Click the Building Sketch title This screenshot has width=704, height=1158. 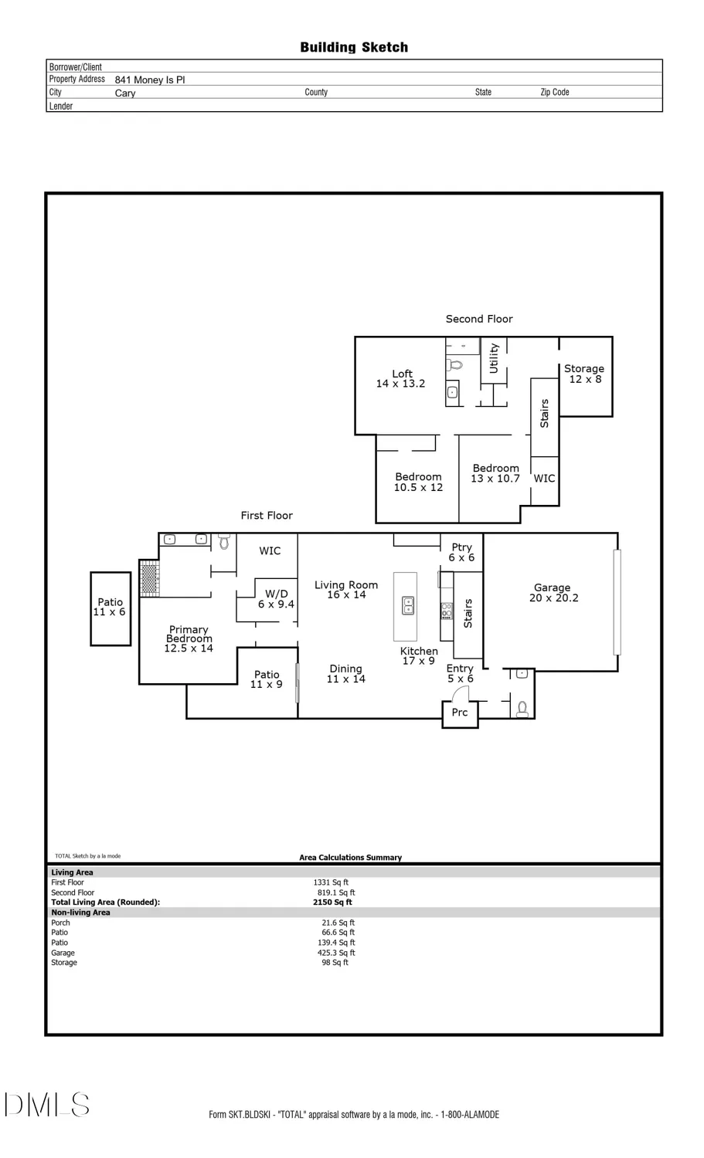tap(354, 47)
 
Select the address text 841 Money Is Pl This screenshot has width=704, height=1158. tap(150, 80)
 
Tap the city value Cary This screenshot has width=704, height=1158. tap(125, 93)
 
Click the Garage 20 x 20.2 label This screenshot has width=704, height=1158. tap(553, 593)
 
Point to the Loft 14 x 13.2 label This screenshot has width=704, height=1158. tap(400, 378)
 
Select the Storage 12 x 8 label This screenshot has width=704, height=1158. tap(584, 374)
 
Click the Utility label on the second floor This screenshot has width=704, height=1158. tap(494, 359)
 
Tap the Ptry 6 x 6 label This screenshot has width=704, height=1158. tap(461, 552)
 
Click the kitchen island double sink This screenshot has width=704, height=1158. tap(408, 606)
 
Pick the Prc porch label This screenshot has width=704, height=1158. tap(460, 713)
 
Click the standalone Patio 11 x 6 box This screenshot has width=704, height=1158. tap(110, 608)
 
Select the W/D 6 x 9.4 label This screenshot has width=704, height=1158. tap(276, 599)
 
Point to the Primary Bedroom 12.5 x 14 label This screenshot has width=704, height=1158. tap(189, 639)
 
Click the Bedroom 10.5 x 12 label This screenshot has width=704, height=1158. tap(418, 482)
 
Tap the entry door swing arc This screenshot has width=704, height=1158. tap(461, 692)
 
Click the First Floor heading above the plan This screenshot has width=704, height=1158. tap(267, 515)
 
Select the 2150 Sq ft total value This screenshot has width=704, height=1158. tap(332, 902)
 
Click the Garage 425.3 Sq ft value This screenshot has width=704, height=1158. tap(336, 953)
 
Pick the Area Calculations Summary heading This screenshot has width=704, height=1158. tap(350, 857)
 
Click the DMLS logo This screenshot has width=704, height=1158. tap(46, 1105)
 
